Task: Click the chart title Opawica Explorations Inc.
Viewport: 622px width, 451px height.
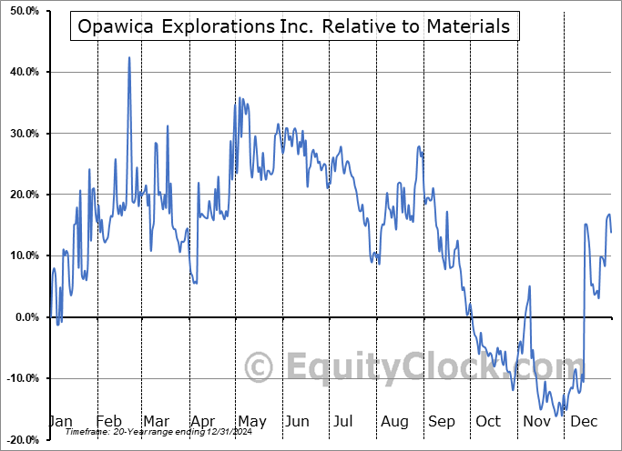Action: point(294,26)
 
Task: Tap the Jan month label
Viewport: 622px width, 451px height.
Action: point(60,421)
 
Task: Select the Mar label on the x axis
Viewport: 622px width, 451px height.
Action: point(155,421)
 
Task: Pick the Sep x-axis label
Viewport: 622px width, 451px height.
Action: point(441,421)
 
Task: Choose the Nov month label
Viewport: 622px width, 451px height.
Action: point(536,421)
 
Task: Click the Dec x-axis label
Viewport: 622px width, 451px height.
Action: point(583,421)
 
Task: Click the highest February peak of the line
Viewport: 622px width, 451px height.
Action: point(129,58)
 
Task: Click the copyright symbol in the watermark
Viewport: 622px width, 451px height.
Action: point(260,367)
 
